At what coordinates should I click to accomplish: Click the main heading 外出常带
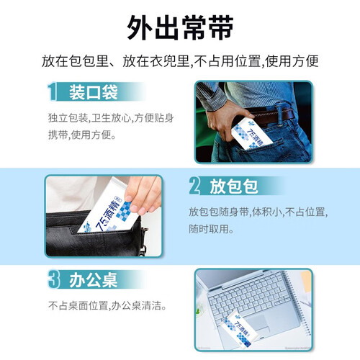(180, 27)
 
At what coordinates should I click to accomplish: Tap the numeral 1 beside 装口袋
(52, 91)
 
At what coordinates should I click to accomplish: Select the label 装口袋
(94, 92)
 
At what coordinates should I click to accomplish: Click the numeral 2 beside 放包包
(194, 186)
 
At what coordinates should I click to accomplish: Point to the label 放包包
(234, 186)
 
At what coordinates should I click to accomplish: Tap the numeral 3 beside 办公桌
(54, 279)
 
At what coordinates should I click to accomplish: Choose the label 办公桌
(94, 280)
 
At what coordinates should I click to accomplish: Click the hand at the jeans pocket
(225, 120)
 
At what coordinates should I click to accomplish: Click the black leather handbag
(96, 235)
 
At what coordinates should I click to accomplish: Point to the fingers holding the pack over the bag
(143, 194)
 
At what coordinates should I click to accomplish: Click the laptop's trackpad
(258, 323)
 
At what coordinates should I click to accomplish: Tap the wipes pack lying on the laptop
(236, 329)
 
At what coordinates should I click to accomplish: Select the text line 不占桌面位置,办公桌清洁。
(107, 306)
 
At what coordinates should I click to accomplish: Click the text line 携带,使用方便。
(82, 135)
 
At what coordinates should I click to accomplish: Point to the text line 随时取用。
(211, 229)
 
